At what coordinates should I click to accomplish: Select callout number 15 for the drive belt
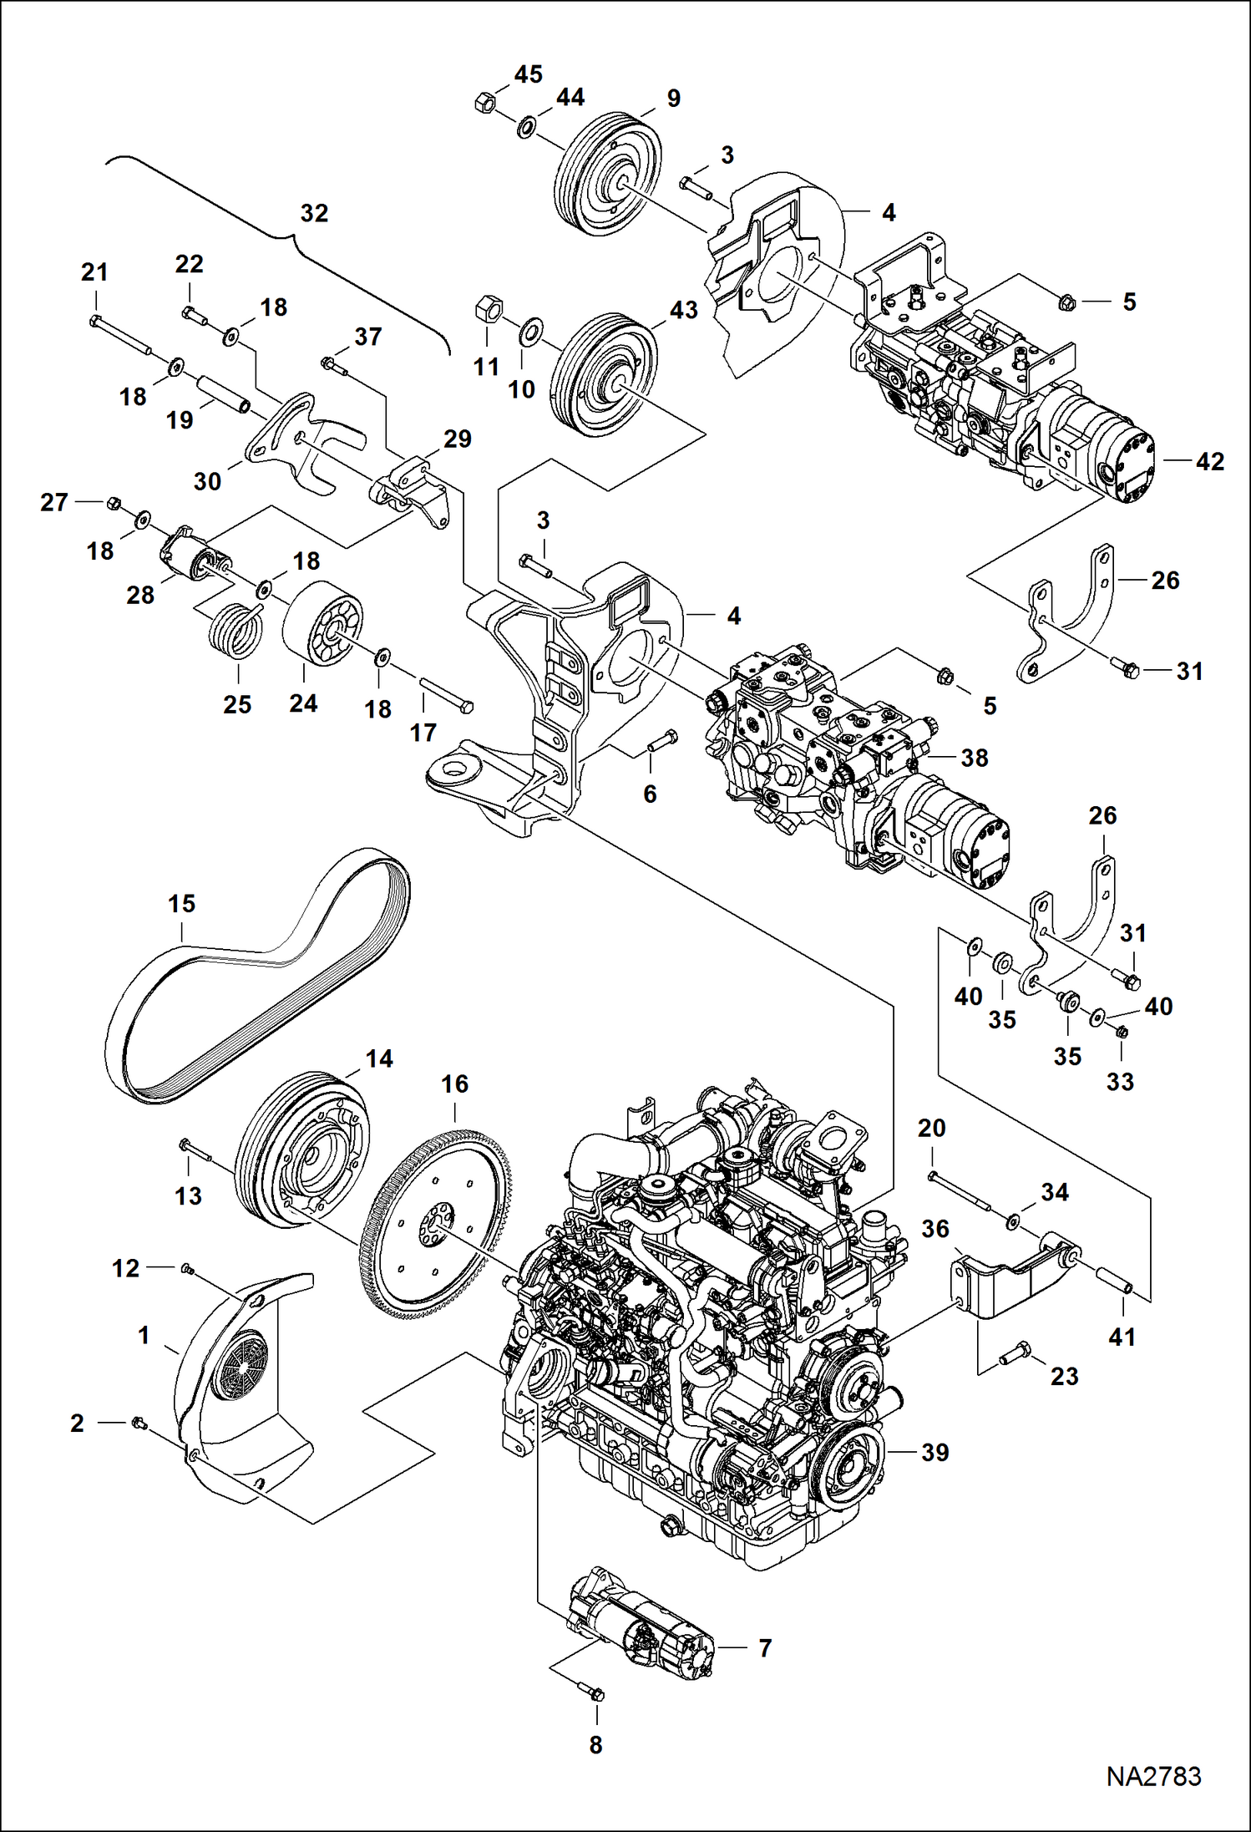tap(181, 903)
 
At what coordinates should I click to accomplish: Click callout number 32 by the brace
tap(314, 213)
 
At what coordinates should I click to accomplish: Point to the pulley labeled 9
tap(609, 184)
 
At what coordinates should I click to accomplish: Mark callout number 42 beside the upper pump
tap(1209, 461)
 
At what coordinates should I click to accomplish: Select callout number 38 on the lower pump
tap(974, 758)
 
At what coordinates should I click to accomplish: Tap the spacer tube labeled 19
tap(224, 393)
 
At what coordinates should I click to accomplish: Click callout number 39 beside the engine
tap(934, 1453)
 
